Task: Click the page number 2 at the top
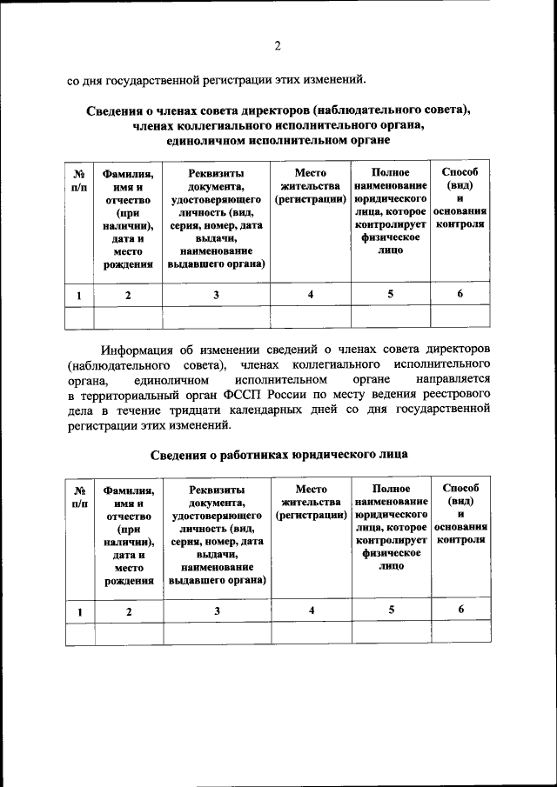pyautogui.click(x=278, y=45)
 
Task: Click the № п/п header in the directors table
pyautogui.click(x=79, y=179)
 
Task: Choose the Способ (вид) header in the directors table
pyautogui.click(x=460, y=179)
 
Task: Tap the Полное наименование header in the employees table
pyautogui.click(x=391, y=497)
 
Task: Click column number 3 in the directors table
pyautogui.click(x=217, y=295)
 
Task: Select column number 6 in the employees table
pyautogui.click(x=460, y=610)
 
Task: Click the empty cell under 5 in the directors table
pyautogui.click(x=391, y=317)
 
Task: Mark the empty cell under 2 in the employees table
pyautogui.click(x=128, y=633)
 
